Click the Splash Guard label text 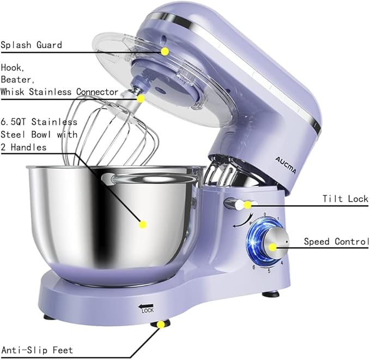click(x=31, y=45)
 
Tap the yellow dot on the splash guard click(x=164, y=51)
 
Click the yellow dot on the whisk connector click(x=141, y=99)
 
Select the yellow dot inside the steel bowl click(x=143, y=224)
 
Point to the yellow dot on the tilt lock click(x=247, y=205)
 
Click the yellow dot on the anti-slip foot click(x=161, y=325)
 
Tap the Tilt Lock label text click(x=345, y=199)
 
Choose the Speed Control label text click(x=336, y=241)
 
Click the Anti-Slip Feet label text click(x=37, y=350)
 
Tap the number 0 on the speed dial click(x=265, y=214)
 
